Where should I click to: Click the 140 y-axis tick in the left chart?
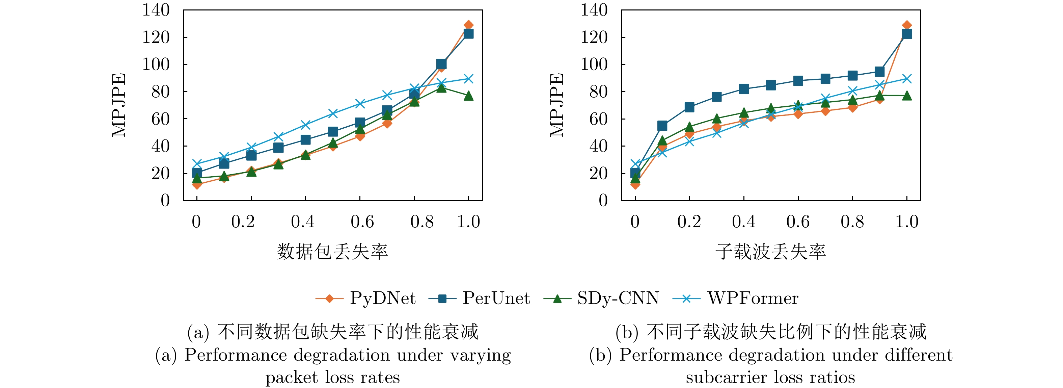(x=156, y=10)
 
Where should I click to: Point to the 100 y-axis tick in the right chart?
(x=594, y=64)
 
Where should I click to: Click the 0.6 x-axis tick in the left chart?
(x=362, y=222)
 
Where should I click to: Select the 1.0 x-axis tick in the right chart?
(x=907, y=222)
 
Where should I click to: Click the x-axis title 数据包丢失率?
(x=333, y=251)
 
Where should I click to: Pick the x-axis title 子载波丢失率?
(x=770, y=251)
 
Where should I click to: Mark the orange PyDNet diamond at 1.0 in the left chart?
(x=468, y=25)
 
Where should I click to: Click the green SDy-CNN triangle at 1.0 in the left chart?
(x=468, y=96)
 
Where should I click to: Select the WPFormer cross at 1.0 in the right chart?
(x=907, y=78)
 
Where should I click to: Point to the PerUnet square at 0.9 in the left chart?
(x=441, y=63)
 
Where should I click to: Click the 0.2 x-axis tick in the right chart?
(x=689, y=222)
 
